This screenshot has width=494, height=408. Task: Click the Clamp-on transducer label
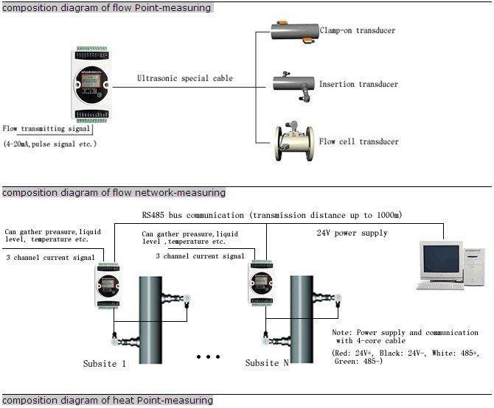(357, 31)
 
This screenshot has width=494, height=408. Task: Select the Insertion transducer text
(358, 85)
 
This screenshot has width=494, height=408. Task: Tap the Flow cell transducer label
(358, 142)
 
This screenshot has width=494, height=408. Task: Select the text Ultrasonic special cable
(184, 78)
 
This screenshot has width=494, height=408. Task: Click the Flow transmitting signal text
(46, 128)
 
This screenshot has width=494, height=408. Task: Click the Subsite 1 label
(104, 363)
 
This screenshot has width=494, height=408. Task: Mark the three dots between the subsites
(209, 357)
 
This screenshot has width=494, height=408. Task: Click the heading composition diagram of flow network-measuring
(114, 193)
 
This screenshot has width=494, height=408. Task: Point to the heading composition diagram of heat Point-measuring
(107, 401)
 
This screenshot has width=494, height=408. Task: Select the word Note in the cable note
(342, 332)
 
